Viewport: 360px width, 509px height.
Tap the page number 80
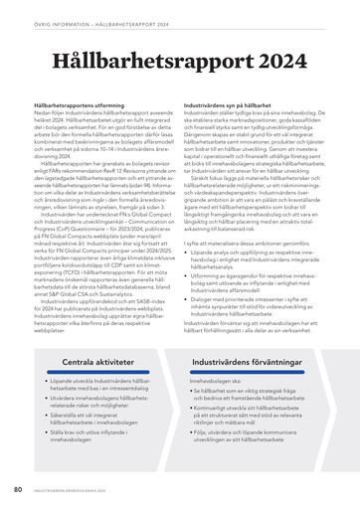[18, 489]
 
